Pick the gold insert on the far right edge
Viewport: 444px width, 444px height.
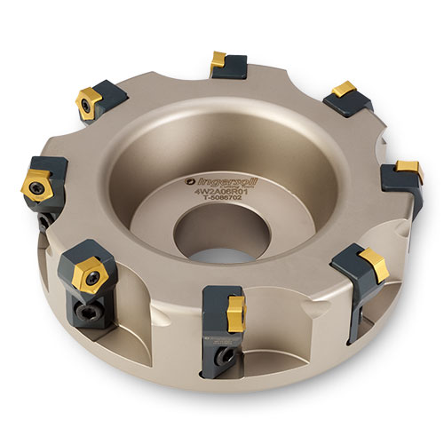pos(408,169)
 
